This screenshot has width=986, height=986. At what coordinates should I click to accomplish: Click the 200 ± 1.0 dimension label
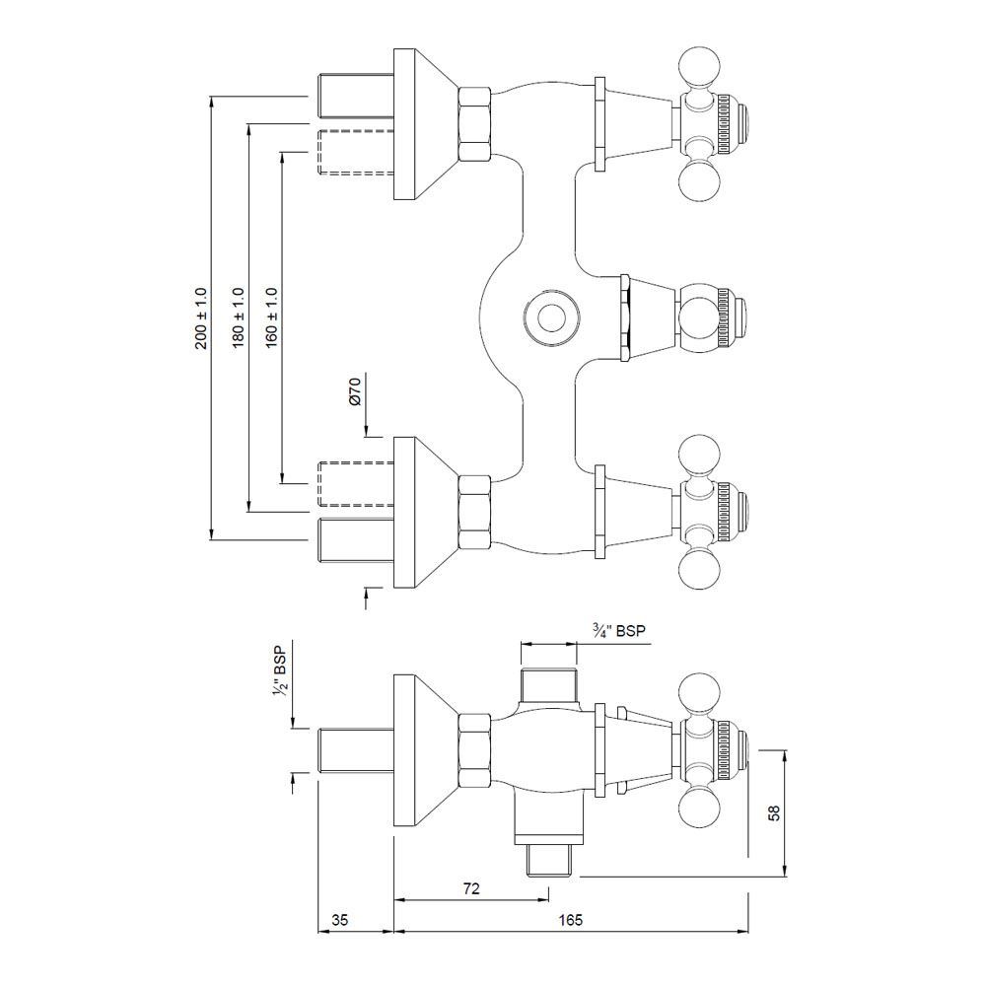click(x=201, y=318)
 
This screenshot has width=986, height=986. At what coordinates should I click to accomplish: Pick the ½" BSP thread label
click(x=280, y=672)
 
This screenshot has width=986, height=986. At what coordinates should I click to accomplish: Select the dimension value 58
click(x=774, y=813)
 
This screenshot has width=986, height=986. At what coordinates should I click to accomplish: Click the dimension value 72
click(x=470, y=888)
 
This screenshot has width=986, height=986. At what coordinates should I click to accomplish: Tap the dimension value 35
click(x=340, y=920)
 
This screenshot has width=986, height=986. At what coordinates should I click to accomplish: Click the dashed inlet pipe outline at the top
click(x=354, y=152)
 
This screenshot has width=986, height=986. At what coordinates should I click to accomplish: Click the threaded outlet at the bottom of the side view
click(x=547, y=861)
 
